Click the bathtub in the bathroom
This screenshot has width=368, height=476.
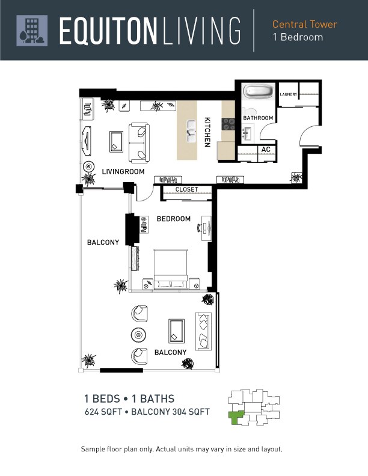pyautogui.click(x=259, y=91)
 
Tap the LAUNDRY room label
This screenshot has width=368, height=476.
pyautogui.click(x=288, y=94)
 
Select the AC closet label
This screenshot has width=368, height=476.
pyautogui.click(x=266, y=150)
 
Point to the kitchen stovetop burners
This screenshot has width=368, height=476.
pyautogui.click(x=228, y=124)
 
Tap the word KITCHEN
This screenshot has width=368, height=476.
pyautogui.click(x=207, y=132)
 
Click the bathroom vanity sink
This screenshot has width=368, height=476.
pyautogui.click(x=247, y=134)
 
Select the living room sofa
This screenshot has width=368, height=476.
pyautogui.click(x=139, y=142)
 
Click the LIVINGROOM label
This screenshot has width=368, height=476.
pyautogui.click(x=123, y=171)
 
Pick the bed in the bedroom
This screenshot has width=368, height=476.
pyautogui.click(x=171, y=269)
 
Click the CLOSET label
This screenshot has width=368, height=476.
pyautogui.click(x=186, y=189)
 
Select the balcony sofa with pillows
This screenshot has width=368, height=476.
pyautogui.click(x=203, y=331)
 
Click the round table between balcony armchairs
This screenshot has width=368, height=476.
pyautogui.click(x=138, y=335)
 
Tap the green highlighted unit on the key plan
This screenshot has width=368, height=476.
pyautogui.click(x=235, y=417)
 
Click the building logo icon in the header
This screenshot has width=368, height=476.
pyautogui.click(x=32, y=31)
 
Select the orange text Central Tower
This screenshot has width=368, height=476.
pyautogui.click(x=304, y=24)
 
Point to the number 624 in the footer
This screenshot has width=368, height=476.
pyautogui.click(x=91, y=412)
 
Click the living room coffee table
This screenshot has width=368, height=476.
pyautogui.click(x=116, y=141)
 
